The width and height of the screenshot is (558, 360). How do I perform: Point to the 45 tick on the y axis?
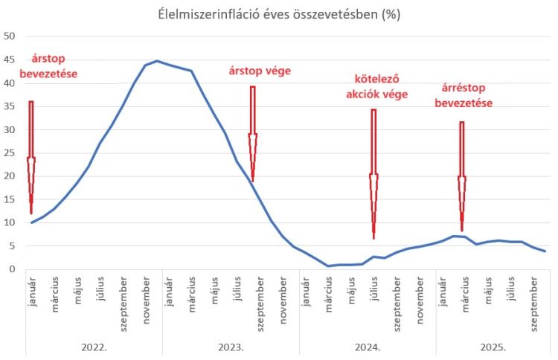pyautogui.click(x=10, y=60)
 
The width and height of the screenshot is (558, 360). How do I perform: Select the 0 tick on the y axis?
pyautogui.click(x=13, y=269)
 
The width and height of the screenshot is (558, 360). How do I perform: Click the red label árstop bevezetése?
pyautogui.click(x=54, y=65)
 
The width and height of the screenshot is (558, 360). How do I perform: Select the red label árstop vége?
pyautogui.click(x=259, y=71)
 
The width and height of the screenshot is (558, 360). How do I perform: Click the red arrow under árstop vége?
pyautogui.click(x=252, y=134)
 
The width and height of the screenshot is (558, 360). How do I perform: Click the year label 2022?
pyautogui.click(x=93, y=347)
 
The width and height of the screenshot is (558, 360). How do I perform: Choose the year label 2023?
pyautogui.click(x=231, y=347)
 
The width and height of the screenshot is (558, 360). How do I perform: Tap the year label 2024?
pyautogui.click(x=368, y=347)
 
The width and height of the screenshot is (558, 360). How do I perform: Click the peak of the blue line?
pyautogui.click(x=157, y=61)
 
